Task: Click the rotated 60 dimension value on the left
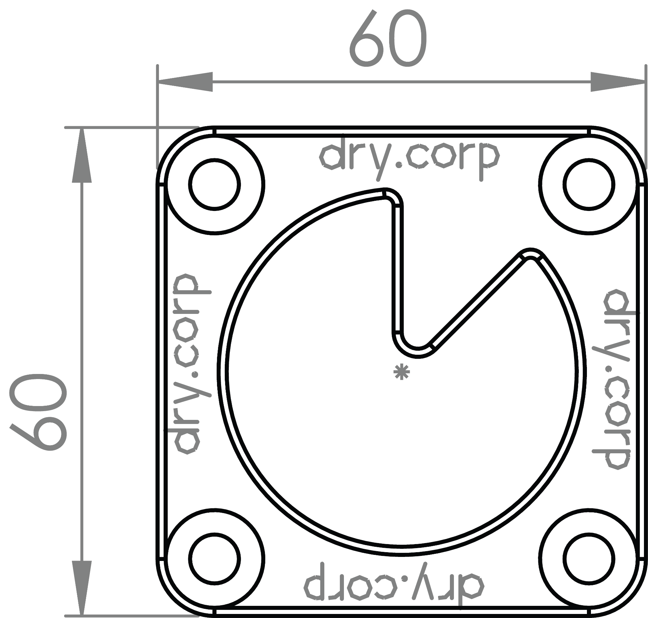[x=38, y=412]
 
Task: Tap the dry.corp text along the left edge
[x=188, y=364]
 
